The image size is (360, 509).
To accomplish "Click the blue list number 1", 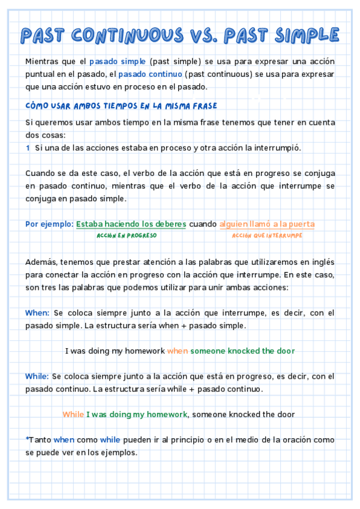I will [28, 147].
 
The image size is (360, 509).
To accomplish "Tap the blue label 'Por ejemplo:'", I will [49, 224].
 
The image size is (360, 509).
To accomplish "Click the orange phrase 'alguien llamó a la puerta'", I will [267, 224].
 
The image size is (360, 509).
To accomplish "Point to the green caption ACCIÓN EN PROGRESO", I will [127, 236].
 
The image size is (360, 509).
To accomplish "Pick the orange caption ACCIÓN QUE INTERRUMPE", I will [267, 236].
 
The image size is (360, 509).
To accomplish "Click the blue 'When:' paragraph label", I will [37, 313].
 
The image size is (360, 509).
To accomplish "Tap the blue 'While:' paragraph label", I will [37, 376].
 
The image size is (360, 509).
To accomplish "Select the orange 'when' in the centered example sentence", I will [178, 351].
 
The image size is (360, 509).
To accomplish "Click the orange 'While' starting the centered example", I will [73, 414].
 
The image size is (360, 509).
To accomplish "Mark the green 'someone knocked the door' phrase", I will [242, 351].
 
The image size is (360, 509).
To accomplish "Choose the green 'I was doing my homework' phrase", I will [137, 414].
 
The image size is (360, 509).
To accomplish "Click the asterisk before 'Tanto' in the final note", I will [27, 439].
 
